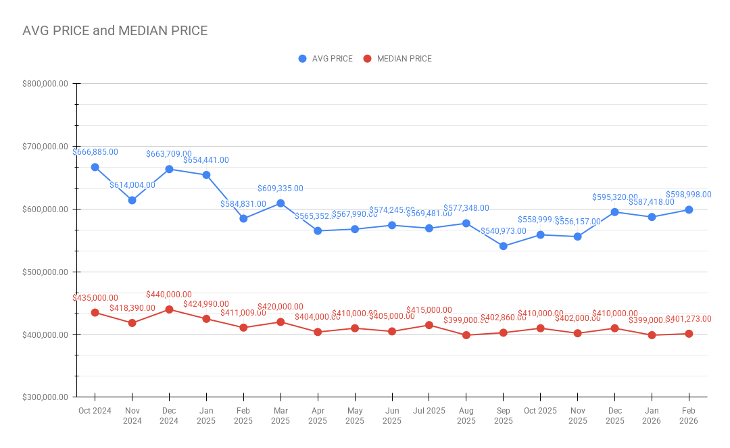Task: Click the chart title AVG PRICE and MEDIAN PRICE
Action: coord(115,31)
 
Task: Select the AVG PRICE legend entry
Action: coord(326,59)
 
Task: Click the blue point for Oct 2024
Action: coord(95,167)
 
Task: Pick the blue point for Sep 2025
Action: coord(504,246)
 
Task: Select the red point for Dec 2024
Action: coord(170,309)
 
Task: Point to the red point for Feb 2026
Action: coord(689,334)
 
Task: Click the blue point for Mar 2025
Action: coord(281,203)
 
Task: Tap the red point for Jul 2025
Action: coord(429,325)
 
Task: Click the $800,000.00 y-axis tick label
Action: coord(45,84)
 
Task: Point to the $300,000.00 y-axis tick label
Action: coord(45,397)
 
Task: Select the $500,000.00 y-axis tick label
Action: coord(45,272)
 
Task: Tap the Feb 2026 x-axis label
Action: coord(689,415)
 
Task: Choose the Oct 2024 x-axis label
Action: coord(95,410)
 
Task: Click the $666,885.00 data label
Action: coord(95,152)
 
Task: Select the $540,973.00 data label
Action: coord(504,231)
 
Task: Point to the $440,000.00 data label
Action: coord(169,295)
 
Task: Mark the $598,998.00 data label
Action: coord(689,195)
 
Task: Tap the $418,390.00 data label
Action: coord(132,308)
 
